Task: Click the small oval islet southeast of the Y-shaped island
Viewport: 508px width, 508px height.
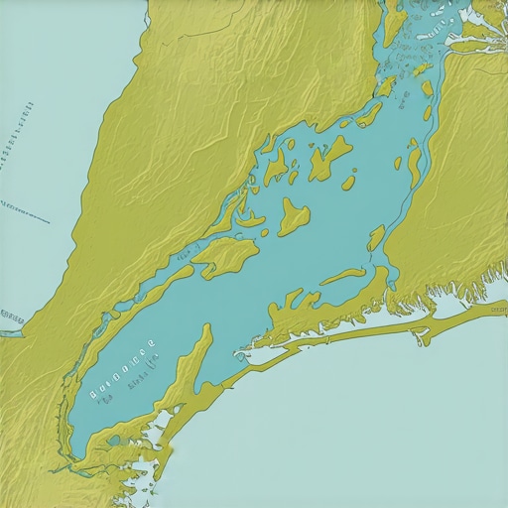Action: (348, 183)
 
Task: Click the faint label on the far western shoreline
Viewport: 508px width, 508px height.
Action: (12, 317)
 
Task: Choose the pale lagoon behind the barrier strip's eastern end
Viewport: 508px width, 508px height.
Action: (451, 308)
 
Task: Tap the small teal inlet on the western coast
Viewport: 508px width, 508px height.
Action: (10, 332)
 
